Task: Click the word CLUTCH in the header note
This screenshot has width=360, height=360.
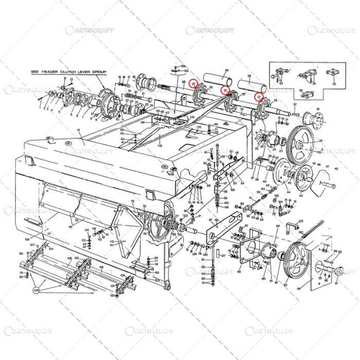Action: [x=67, y=72]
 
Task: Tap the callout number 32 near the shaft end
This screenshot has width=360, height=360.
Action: [x=295, y=105]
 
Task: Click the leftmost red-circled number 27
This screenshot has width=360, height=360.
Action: [x=193, y=83]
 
